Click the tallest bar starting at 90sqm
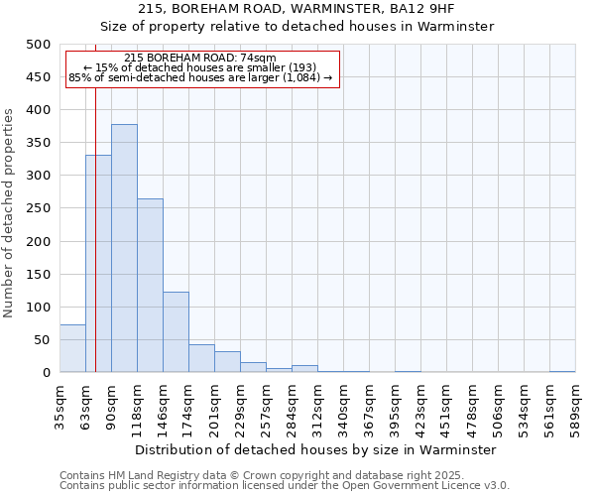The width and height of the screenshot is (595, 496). click(x=124, y=248)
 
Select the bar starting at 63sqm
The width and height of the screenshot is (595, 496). click(x=98, y=264)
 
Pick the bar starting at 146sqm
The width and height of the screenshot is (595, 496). click(x=176, y=332)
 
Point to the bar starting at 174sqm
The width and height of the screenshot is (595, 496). click(x=201, y=358)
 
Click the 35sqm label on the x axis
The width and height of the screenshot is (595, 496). click(x=59, y=402)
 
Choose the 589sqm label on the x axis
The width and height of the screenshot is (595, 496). click(x=575, y=402)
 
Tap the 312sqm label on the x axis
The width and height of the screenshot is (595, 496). click(x=317, y=402)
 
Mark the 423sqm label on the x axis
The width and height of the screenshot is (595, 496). click(x=420, y=402)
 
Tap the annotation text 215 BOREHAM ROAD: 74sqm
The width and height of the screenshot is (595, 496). click(x=201, y=59)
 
